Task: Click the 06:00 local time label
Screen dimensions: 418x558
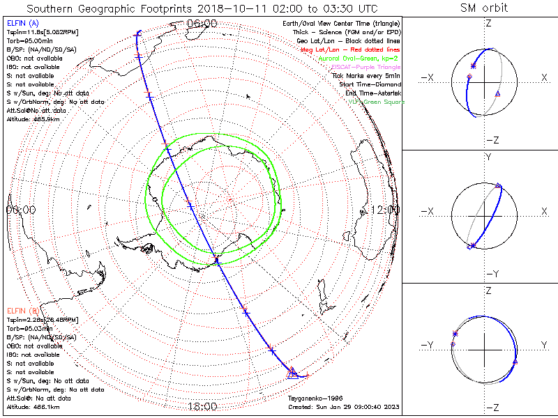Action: pos(202,23)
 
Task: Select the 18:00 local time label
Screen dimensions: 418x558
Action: pos(202,406)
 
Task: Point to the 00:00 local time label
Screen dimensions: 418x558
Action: pos(21,209)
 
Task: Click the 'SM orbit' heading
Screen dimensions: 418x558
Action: pos(484,8)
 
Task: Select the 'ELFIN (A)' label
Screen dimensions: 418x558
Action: pos(22,24)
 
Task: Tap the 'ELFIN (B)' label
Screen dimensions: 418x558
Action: pos(22,310)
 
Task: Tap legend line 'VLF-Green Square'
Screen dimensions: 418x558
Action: pos(375,102)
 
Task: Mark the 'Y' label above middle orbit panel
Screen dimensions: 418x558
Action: pos(488,157)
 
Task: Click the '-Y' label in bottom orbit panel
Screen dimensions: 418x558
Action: pos(428,345)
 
